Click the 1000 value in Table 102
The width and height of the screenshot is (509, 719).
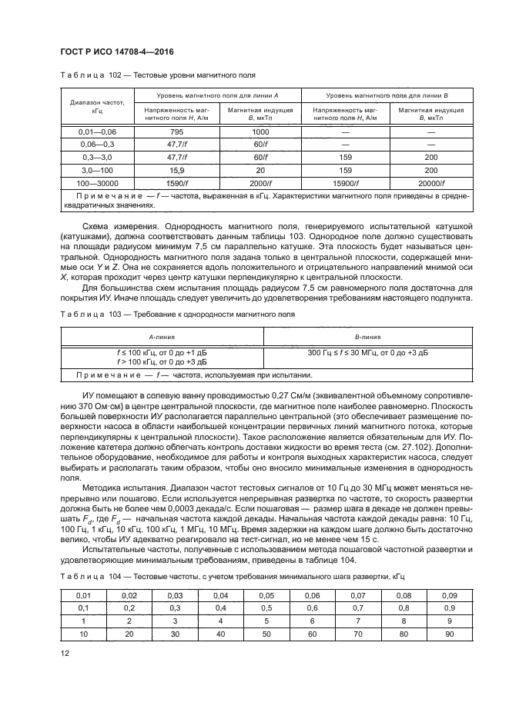coord(260,131)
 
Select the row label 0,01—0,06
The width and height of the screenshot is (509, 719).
coord(97,131)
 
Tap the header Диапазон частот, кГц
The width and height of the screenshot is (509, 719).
coord(97,106)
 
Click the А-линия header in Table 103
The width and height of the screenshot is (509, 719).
coord(162,337)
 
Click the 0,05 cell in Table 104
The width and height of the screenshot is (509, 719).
coord(266,595)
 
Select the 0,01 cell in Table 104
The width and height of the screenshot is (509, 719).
coord(84,595)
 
